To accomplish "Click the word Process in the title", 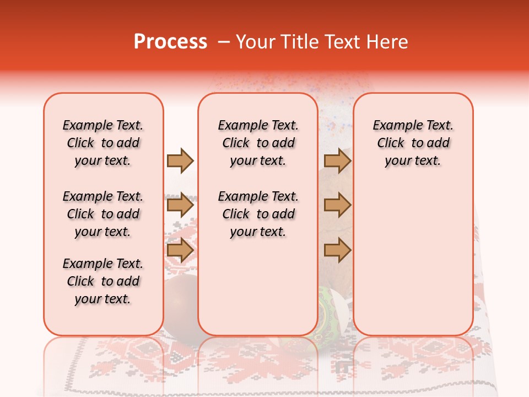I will pyautogui.click(x=170, y=41).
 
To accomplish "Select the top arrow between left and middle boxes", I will pyautogui.click(x=180, y=160).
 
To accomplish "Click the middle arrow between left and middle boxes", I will pyautogui.click(x=180, y=206).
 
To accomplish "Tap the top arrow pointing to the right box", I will pyautogui.click(x=337, y=160).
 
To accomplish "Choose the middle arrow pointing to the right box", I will pyautogui.click(x=337, y=206).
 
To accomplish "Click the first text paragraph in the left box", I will pyautogui.click(x=103, y=143).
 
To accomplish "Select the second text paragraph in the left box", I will pyautogui.click(x=103, y=214).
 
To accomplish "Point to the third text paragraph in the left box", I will pyautogui.click(x=103, y=281).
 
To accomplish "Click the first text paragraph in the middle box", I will pyautogui.click(x=258, y=143).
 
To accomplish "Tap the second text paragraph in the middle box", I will pyautogui.click(x=258, y=214).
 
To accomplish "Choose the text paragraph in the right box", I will pyautogui.click(x=413, y=143).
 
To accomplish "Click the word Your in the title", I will pyautogui.click(x=256, y=41).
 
